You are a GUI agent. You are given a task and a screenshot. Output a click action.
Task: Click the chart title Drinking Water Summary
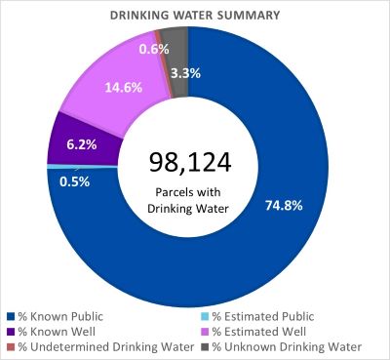pos(195,15)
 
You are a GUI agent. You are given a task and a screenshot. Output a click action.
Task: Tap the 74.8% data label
pos(284,204)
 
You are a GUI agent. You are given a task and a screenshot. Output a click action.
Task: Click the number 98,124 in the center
pos(188,161)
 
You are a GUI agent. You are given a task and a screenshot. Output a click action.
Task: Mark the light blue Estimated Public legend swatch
pos(205,316)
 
